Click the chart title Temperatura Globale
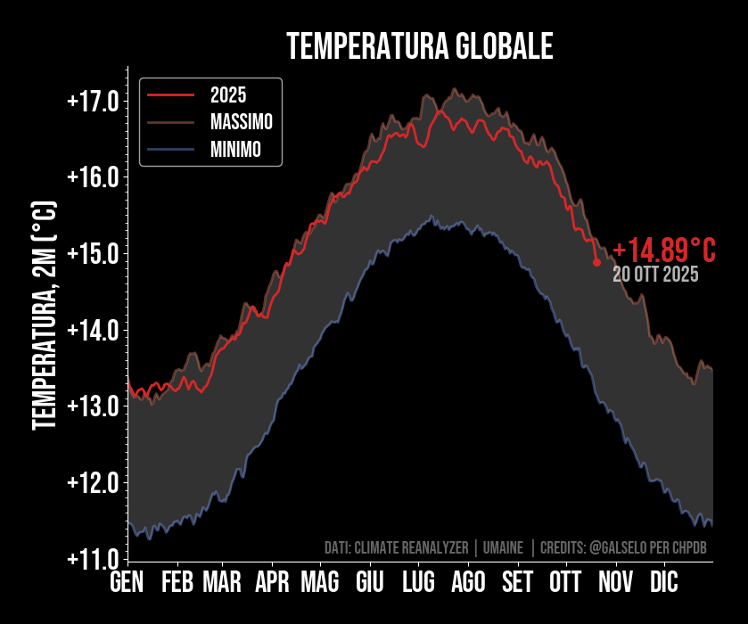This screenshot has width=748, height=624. point(420,46)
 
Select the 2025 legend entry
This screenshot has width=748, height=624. point(228,94)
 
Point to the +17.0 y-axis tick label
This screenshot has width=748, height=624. point(93,101)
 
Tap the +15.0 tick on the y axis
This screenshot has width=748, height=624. point(93,254)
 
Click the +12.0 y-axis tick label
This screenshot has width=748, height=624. point(93,483)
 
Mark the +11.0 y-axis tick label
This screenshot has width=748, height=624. point(93,559)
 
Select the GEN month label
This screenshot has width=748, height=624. point(127,583)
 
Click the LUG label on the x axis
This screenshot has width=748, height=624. point(418,583)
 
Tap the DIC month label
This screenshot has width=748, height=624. point(663,583)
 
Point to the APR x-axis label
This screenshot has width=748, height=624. point(272,583)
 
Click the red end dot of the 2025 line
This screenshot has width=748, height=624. point(596,263)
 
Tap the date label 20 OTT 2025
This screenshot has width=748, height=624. point(655,275)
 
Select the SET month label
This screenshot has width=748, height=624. point(517,583)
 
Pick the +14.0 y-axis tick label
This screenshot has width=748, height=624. point(93,331)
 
